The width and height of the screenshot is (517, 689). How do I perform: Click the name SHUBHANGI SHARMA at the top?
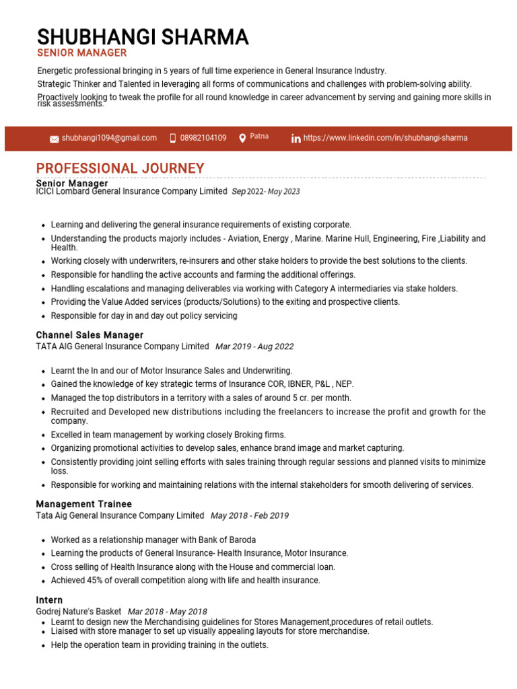142,36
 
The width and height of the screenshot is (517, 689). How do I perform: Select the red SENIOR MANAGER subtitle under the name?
81,53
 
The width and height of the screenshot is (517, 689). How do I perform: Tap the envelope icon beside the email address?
54,139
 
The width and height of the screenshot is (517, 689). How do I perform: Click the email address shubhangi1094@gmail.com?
109,138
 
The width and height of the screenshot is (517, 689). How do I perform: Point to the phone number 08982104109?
203,138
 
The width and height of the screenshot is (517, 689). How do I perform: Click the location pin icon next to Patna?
242,138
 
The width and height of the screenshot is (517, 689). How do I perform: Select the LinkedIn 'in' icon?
296,139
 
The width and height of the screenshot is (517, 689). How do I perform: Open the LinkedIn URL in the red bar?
385,138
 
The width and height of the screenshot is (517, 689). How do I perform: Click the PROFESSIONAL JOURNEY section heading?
120,168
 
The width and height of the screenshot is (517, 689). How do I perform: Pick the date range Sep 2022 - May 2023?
266,192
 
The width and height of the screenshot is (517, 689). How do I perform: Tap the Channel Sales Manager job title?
90,335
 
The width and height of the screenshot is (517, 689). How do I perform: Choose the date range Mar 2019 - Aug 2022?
254,347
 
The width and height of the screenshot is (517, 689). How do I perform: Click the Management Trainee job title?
83,504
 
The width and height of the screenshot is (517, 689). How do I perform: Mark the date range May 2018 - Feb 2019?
250,516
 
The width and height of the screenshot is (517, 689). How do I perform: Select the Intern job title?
49,600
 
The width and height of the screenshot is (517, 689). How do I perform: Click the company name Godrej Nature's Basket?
79,612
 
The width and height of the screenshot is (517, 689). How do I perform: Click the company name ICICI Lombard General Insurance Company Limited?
131,192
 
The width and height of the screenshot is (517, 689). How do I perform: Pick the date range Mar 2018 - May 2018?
168,612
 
